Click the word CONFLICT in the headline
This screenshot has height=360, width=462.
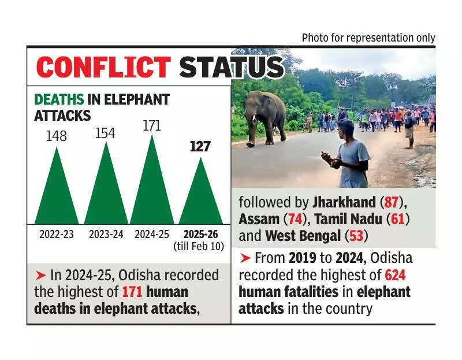pyautogui.click(x=103, y=67)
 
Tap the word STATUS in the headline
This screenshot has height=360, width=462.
pyautogui.click(x=232, y=67)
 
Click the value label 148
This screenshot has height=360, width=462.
pyautogui.click(x=56, y=136)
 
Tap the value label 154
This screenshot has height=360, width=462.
pyautogui.click(x=105, y=133)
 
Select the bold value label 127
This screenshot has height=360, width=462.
pyautogui.click(x=200, y=147)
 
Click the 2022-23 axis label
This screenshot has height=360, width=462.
pyautogui.click(x=57, y=235)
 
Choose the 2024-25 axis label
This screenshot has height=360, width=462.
pyautogui.click(x=152, y=235)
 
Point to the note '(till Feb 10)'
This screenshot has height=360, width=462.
pyautogui.click(x=199, y=247)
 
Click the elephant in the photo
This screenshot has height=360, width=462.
pyautogui.click(x=264, y=116)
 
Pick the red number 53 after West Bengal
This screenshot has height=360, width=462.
pyautogui.click(x=353, y=236)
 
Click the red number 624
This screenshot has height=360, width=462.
pyautogui.click(x=395, y=275)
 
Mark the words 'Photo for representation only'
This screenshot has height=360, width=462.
pyautogui.click(x=368, y=38)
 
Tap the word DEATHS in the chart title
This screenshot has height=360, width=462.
pyautogui.click(x=59, y=99)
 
